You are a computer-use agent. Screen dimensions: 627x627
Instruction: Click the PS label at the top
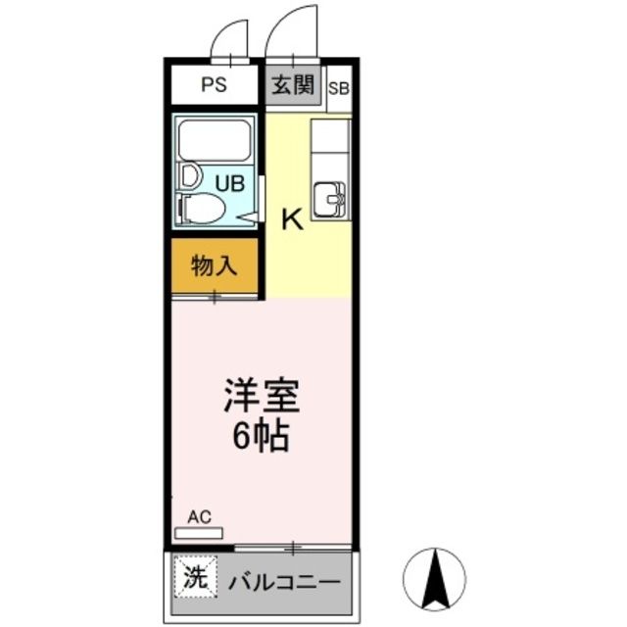[x=214, y=85]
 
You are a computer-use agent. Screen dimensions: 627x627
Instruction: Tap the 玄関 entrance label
[x=292, y=85]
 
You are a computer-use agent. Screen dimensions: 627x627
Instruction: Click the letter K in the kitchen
[x=292, y=220]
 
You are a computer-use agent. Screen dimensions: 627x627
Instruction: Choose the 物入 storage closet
[x=215, y=265]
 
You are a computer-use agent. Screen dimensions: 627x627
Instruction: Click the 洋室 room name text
[x=261, y=397]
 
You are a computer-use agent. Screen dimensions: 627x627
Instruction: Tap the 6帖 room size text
[x=261, y=436]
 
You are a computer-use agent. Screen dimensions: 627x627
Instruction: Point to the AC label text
[x=199, y=516]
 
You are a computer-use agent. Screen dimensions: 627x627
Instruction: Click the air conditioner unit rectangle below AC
[x=199, y=533]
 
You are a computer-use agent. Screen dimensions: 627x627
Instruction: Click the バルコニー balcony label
[x=284, y=581]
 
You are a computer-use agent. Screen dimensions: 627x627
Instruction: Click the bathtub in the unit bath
[x=215, y=140]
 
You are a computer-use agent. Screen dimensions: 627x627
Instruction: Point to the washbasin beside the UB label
[x=189, y=177]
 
